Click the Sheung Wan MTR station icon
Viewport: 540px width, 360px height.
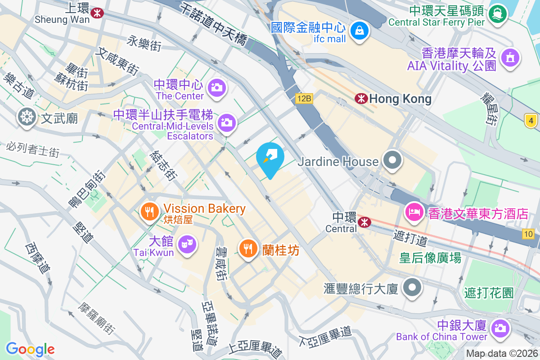tap(96, 13)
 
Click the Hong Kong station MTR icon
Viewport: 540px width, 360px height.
tap(361, 99)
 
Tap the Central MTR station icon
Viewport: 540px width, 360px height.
tap(364, 221)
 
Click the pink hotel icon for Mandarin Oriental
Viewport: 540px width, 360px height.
tap(414, 211)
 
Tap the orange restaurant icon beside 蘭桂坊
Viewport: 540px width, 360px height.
tap(247, 247)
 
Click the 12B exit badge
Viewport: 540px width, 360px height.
tap(304, 98)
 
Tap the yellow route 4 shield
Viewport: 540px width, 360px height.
tap(531, 120)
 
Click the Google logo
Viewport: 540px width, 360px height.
tap(30, 349)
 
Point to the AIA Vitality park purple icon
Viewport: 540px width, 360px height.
tap(510, 58)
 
